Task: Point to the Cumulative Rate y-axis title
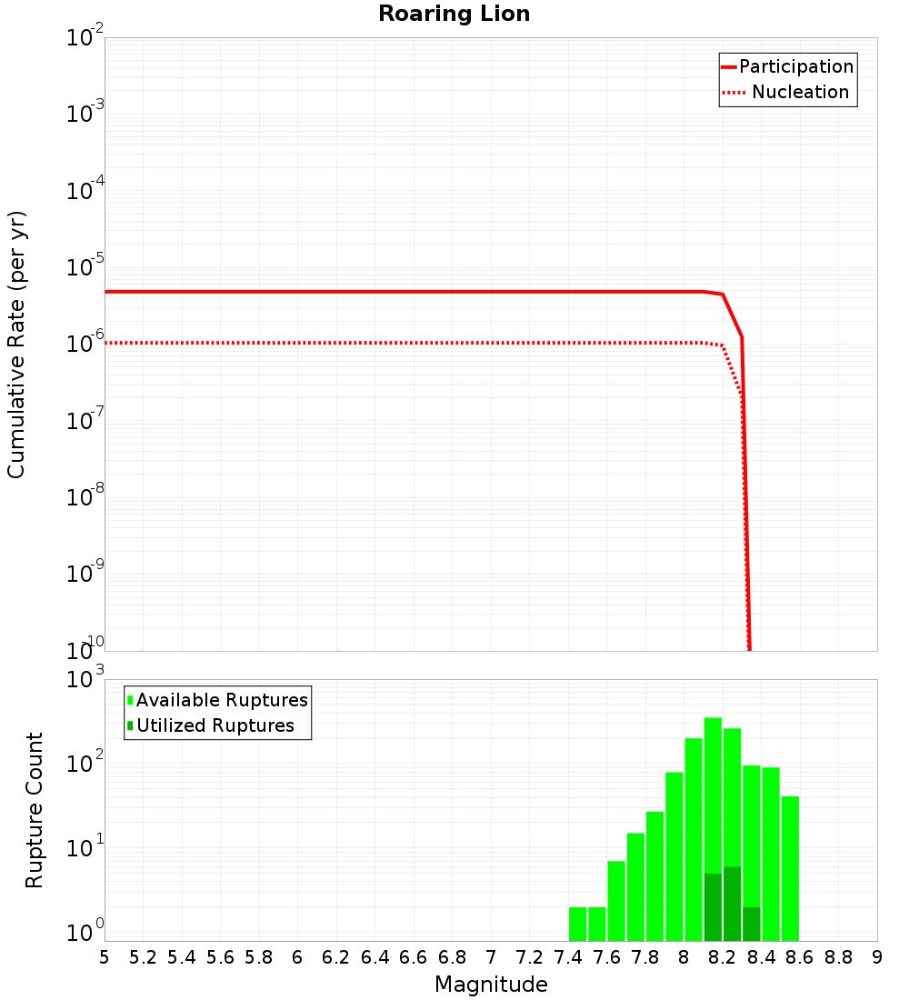point(16,345)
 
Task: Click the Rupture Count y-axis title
point(35,810)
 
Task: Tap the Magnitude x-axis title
point(491,985)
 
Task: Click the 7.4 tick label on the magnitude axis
point(568,957)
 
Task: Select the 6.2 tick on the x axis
point(335,957)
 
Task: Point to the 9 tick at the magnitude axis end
point(876,957)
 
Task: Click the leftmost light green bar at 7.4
point(577,924)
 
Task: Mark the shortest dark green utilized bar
point(751,924)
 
